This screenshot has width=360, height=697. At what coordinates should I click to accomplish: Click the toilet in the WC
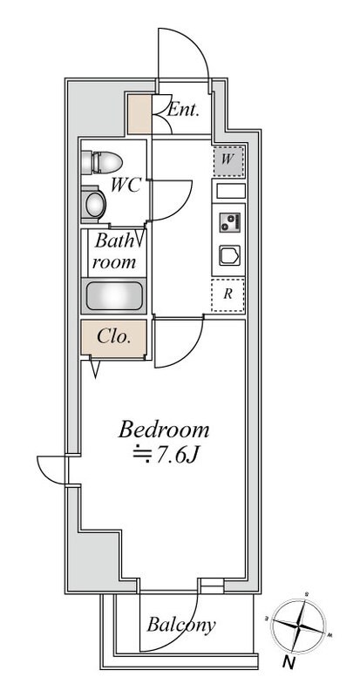point(102,162)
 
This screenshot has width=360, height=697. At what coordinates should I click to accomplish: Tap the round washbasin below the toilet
point(94,205)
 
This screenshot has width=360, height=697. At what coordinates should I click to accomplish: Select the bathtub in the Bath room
point(114,296)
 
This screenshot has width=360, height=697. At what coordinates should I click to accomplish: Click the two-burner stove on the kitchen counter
point(229,222)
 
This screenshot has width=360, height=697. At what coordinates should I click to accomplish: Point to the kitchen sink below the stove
point(229,255)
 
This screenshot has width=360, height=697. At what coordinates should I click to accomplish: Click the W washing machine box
point(228,161)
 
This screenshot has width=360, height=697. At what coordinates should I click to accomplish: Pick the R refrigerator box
point(228,294)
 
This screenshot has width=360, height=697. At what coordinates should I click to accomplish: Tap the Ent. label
point(182,110)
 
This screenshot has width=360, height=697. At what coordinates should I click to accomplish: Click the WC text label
point(126,185)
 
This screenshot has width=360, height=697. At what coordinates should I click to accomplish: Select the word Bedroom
point(163,430)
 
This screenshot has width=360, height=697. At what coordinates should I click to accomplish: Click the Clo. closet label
point(114,337)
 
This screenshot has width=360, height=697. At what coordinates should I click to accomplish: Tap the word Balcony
point(181,626)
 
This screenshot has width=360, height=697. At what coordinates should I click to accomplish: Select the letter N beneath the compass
point(289,663)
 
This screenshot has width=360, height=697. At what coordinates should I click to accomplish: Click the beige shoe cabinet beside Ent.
point(139,114)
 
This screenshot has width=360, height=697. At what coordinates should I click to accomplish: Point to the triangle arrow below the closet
point(95,369)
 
